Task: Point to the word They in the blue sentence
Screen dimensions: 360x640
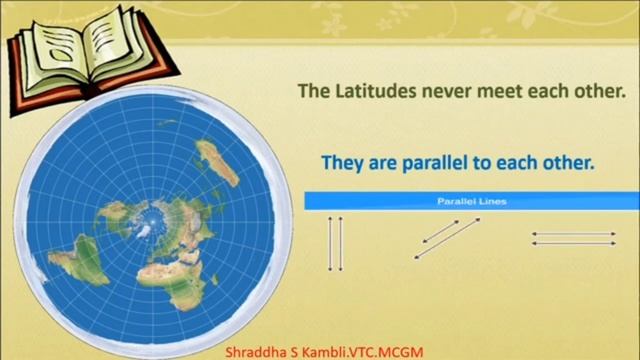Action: click(x=340, y=162)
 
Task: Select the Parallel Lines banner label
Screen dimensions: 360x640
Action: click(x=472, y=201)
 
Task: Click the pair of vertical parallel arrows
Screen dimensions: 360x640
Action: click(x=336, y=242)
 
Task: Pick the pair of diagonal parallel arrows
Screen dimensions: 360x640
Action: click(x=447, y=238)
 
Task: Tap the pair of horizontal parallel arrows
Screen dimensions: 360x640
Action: click(x=573, y=238)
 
